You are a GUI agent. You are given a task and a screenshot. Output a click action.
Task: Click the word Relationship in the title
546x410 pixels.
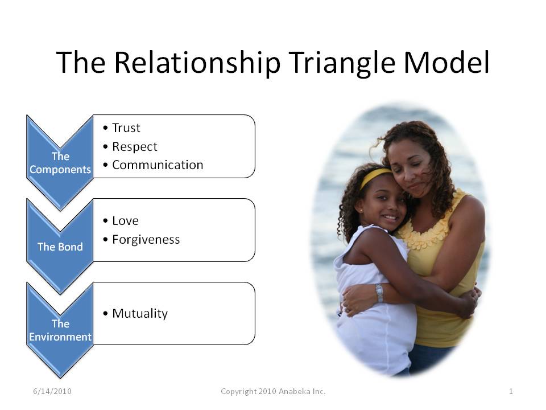(x=197, y=63)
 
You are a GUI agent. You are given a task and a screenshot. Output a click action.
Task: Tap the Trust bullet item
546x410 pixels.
(x=126, y=128)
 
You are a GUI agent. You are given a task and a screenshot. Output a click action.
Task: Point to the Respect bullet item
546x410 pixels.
(x=135, y=147)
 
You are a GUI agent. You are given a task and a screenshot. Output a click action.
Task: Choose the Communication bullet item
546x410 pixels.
(x=158, y=165)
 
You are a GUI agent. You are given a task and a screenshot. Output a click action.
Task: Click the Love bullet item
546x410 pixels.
(x=125, y=221)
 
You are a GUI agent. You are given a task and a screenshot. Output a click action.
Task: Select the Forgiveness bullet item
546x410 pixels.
(x=146, y=240)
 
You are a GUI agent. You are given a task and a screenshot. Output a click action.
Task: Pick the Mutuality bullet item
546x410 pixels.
(x=140, y=313)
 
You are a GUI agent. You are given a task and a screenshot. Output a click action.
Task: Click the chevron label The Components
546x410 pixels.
(x=60, y=163)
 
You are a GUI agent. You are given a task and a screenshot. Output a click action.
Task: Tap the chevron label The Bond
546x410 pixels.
(x=60, y=247)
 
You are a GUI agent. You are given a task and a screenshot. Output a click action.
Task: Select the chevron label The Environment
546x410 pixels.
(x=60, y=330)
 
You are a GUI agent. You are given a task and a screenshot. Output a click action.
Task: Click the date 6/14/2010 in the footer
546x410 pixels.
(x=52, y=391)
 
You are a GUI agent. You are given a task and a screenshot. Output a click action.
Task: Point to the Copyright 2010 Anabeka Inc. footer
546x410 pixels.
(x=273, y=392)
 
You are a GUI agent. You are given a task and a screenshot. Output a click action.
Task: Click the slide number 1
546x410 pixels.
(x=511, y=391)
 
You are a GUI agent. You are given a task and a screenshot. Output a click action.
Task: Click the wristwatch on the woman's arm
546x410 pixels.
(x=379, y=293)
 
